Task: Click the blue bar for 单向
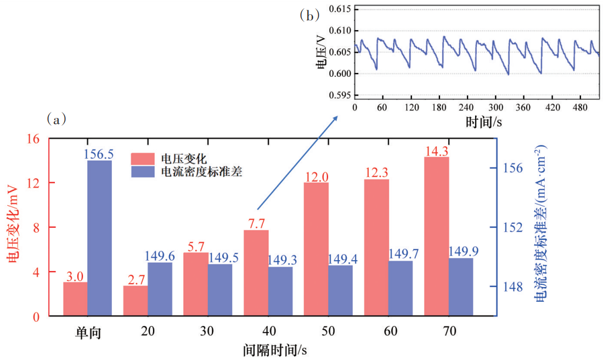pyautogui.click(x=99, y=238)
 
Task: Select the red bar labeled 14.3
pyautogui.click(x=436, y=236)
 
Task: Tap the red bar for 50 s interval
pyautogui.click(x=316, y=249)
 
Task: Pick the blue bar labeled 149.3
pyautogui.click(x=280, y=291)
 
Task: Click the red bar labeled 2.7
pyautogui.click(x=135, y=300)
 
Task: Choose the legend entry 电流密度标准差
pyautogui.click(x=201, y=172)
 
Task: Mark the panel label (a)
pyautogui.click(x=57, y=119)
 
